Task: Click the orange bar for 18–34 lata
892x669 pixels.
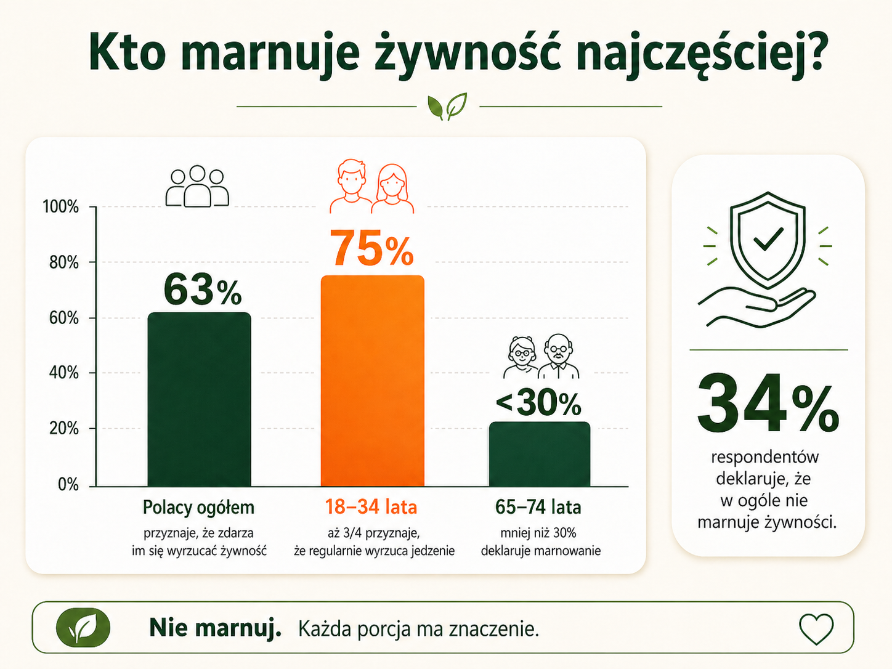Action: pyautogui.click(x=372, y=381)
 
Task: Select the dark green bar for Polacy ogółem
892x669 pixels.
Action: pyautogui.click(x=199, y=399)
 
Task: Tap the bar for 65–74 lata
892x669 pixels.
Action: pyautogui.click(x=539, y=454)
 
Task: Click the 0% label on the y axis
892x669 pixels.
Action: pyautogui.click(x=68, y=484)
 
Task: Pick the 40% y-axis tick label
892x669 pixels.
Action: pyautogui.click(x=64, y=373)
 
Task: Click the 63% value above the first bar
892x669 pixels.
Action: pyautogui.click(x=203, y=290)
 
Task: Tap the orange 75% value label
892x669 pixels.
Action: pyautogui.click(x=372, y=248)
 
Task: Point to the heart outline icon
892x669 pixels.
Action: pyautogui.click(x=816, y=628)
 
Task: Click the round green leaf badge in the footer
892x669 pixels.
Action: pyautogui.click(x=83, y=627)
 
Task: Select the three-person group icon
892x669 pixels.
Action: pyautogui.click(x=197, y=186)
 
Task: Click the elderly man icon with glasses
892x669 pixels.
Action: pyautogui.click(x=559, y=356)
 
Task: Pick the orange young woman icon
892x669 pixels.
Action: pyautogui.click(x=392, y=189)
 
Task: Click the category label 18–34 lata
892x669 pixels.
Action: pyautogui.click(x=371, y=507)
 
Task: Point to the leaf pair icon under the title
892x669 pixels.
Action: pyautogui.click(x=447, y=107)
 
